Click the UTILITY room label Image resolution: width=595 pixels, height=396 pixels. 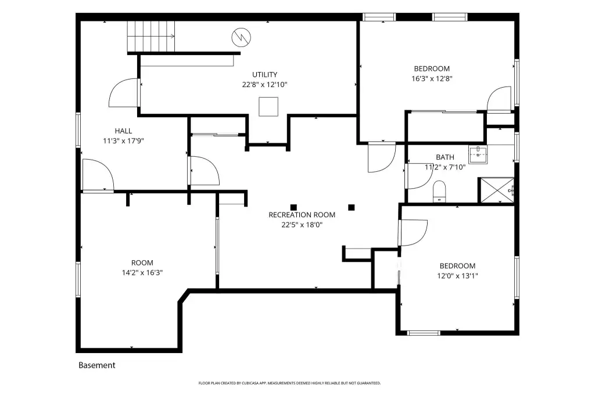(x=264, y=75)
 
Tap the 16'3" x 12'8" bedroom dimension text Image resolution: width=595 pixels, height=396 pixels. (x=432, y=79)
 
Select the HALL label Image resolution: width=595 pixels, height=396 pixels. (x=123, y=131)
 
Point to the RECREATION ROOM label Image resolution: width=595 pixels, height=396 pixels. (x=302, y=215)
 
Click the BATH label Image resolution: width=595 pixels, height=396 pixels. (x=445, y=157)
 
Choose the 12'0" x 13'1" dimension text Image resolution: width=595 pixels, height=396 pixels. (x=457, y=276)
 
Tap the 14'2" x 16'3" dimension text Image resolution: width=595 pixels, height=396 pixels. (x=142, y=273)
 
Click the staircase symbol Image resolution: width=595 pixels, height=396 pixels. (x=150, y=37)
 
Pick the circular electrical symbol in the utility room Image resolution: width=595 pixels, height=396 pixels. (x=241, y=37)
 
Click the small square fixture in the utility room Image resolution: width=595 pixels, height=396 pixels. (x=268, y=107)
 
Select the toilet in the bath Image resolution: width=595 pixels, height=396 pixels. (x=439, y=192)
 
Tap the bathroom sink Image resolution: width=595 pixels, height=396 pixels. (x=478, y=154)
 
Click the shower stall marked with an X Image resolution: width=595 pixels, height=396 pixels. (x=496, y=190)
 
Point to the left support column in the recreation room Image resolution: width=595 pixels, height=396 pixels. (x=293, y=207)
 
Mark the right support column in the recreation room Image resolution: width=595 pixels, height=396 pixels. (x=352, y=207)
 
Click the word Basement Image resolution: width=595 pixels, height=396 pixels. (x=97, y=365)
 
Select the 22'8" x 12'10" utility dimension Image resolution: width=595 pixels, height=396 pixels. (x=264, y=85)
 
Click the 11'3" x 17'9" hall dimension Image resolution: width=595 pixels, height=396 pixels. (x=123, y=141)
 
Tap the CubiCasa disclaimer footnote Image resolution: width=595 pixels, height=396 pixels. (x=289, y=383)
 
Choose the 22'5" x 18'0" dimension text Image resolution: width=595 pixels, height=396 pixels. (x=302, y=225)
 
